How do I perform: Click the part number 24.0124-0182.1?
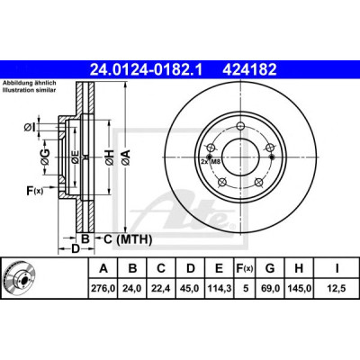point(147,69)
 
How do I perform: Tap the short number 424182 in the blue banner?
point(249,69)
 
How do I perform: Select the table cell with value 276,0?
point(103,288)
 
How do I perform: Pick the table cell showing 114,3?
point(220,288)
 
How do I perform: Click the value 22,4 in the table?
point(161,288)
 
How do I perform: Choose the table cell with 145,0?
point(299,288)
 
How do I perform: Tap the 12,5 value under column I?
point(337,288)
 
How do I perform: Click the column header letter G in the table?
point(270,268)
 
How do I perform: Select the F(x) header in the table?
point(245,268)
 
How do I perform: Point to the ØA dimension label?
point(126,157)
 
